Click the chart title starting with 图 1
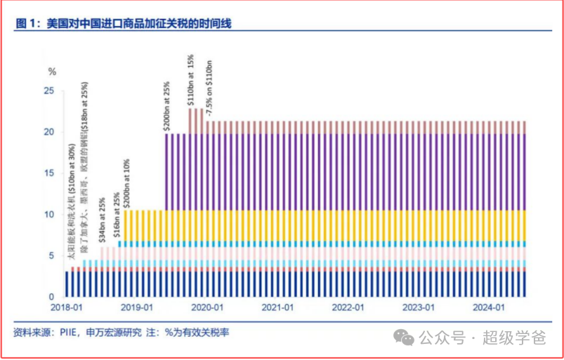[124, 24]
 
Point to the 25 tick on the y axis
[49, 91]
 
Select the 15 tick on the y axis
[49, 173]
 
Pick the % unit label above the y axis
[51, 71]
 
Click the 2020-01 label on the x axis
[208, 308]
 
